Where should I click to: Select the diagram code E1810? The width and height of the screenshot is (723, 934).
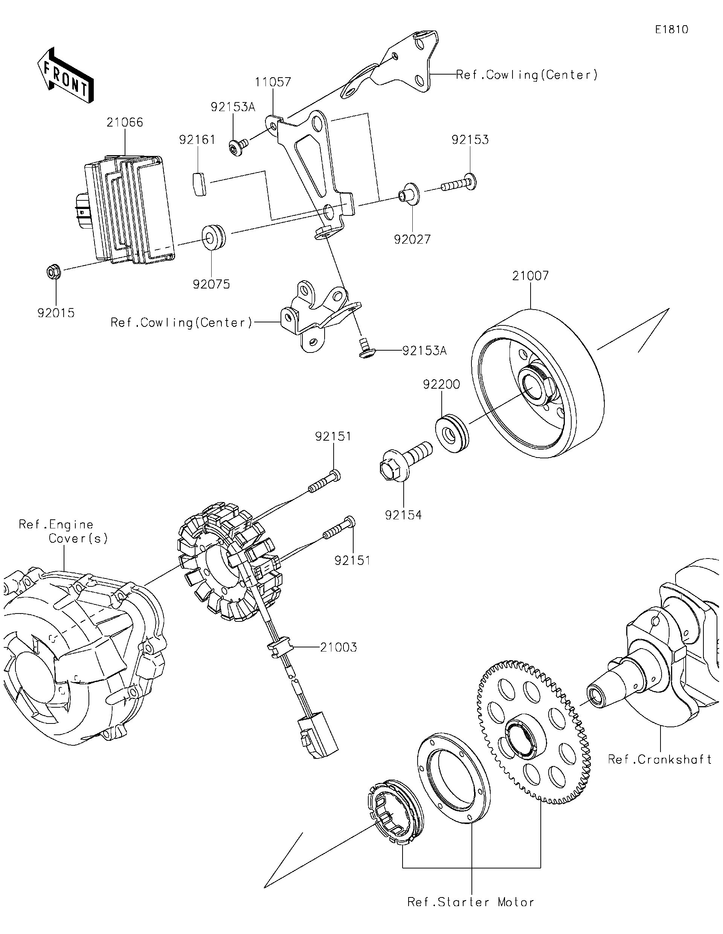tap(672, 29)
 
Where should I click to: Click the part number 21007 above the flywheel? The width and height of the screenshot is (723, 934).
tap(530, 275)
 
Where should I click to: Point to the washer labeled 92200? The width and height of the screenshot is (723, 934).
tap(452, 433)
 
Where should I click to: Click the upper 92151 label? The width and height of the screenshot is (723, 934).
tap(333, 436)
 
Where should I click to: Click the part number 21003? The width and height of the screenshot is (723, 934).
tap(338, 647)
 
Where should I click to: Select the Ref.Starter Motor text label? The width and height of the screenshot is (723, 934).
tap(471, 902)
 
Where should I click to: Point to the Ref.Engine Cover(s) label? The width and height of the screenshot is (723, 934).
tap(63, 531)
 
